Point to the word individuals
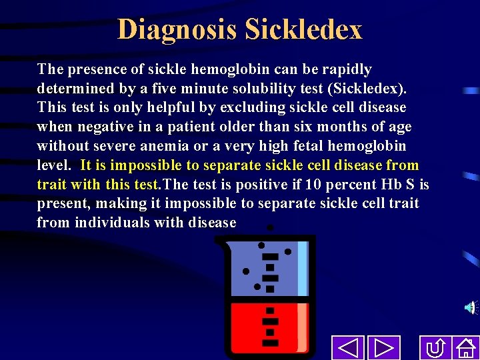[111, 223]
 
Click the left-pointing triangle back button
[347, 348]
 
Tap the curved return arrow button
[436, 348]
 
